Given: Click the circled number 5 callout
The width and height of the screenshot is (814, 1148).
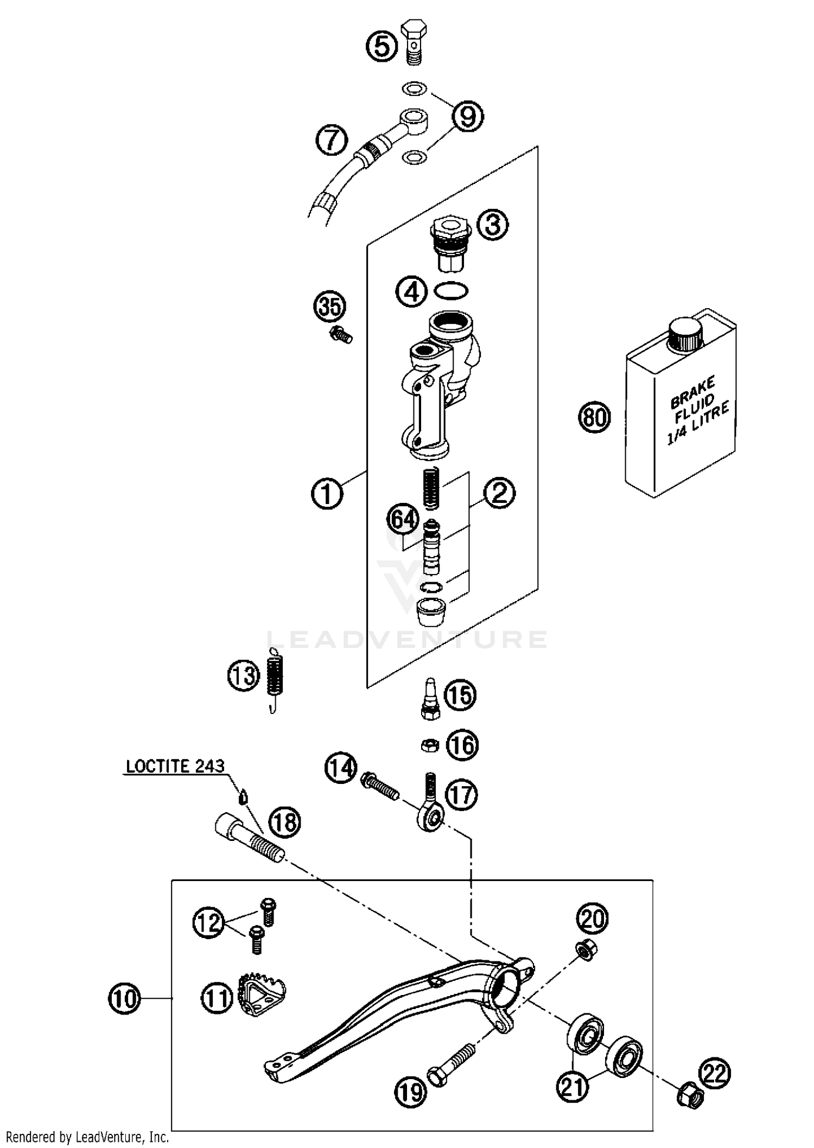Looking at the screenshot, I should pos(382,47).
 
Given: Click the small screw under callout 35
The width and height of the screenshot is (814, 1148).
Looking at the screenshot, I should pos(340,334).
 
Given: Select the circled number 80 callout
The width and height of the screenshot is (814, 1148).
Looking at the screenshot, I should pos(594,417).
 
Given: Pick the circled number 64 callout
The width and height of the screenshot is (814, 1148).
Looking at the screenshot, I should pos(403,520).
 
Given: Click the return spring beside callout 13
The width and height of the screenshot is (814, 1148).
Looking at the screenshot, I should pos(276,678).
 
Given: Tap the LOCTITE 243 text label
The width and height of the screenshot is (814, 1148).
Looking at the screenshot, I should pos(175,766).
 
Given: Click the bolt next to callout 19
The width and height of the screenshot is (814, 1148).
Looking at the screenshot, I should pos(451,1063).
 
